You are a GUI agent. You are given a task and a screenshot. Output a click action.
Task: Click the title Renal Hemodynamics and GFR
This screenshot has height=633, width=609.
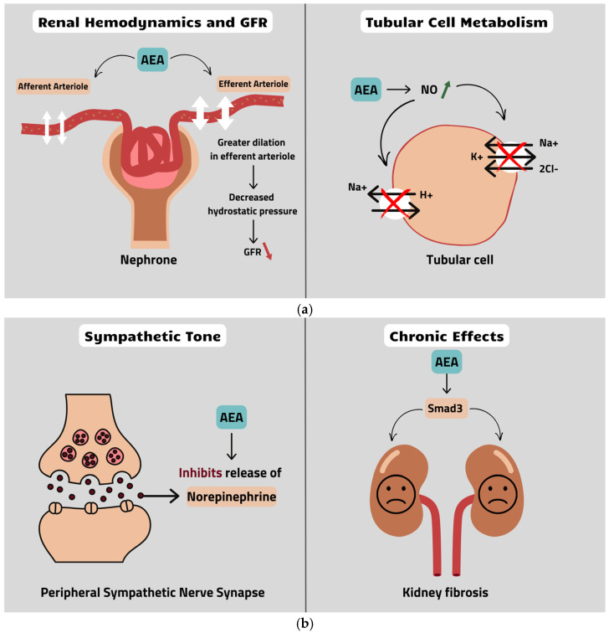[x=151, y=23]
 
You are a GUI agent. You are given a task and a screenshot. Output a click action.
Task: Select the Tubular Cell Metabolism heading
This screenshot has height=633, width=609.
[x=456, y=23]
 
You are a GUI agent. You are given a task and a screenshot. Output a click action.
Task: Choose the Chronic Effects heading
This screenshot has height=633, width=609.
[x=456, y=337]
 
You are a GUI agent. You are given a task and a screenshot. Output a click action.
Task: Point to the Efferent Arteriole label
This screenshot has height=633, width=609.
[x=253, y=84]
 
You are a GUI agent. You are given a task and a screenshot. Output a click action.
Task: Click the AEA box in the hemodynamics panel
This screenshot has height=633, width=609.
[x=151, y=61]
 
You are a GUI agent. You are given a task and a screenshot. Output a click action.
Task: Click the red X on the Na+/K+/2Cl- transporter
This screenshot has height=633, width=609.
[x=511, y=157]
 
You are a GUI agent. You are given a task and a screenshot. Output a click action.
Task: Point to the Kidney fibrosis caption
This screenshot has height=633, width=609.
[x=456, y=593]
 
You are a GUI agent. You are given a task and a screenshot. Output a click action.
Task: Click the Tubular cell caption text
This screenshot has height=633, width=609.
[x=456, y=260]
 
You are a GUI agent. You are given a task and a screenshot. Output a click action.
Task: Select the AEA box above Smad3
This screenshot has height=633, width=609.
[x=456, y=363]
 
